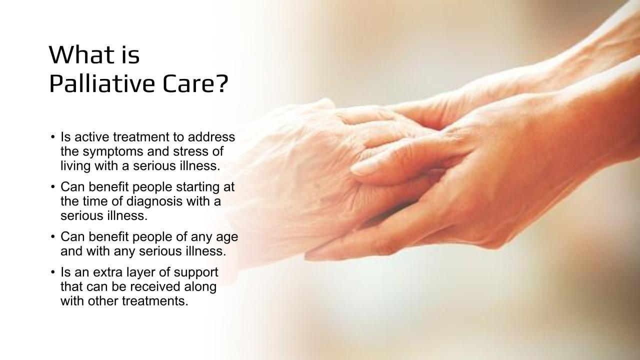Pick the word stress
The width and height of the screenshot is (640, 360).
[x=189, y=151]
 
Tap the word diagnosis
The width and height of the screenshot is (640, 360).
[x=154, y=202]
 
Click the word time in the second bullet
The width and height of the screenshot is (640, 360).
[x=94, y=201]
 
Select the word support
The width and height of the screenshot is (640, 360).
[x=195, y=273]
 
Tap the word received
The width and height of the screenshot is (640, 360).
[x=155, y=286]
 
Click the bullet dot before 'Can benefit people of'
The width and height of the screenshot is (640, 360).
[x=52, y=237]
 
